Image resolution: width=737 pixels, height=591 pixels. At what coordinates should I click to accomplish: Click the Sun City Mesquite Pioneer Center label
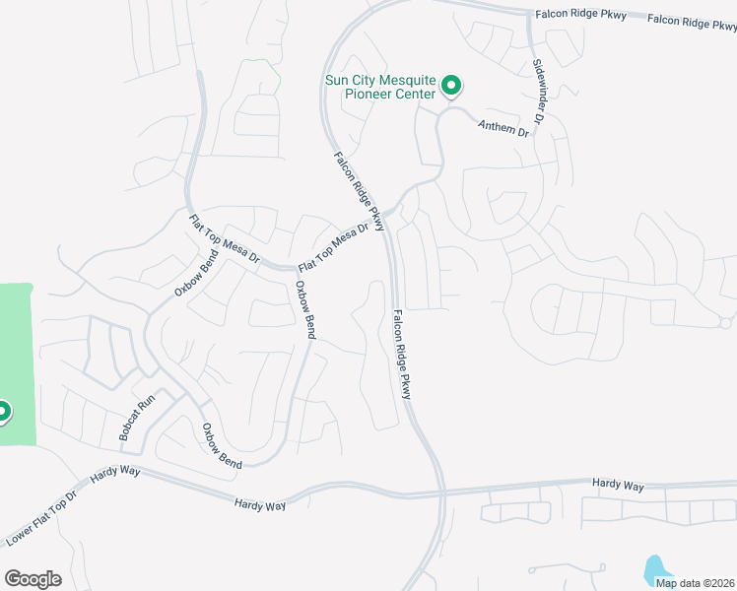click(x=379, y=88)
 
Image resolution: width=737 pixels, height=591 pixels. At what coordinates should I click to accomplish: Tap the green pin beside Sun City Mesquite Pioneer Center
click(x=451, y=87)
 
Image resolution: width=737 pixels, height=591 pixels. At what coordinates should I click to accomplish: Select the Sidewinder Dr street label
click(x=539, y=91)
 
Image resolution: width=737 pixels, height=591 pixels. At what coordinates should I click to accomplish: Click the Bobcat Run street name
click(x=137, y=418)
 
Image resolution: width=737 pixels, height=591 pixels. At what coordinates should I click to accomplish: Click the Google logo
click(x=33, y=579)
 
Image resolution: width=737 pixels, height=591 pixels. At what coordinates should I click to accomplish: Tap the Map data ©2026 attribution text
click(x=695, y=582)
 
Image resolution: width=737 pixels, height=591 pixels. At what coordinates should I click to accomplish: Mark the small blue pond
click(x=654, y=568)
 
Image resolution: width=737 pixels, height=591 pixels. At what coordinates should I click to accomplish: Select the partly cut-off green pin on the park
click(x=3, y=411)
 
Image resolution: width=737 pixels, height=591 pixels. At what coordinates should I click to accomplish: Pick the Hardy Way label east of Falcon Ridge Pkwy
click(x=618, y=486)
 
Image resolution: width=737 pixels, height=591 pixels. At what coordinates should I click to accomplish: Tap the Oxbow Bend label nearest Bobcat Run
click(x=222, y=445)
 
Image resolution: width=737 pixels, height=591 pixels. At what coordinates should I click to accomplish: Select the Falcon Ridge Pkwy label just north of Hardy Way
click(x=406, y=354)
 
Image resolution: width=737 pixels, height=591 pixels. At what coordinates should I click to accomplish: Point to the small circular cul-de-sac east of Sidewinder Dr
click(x=725, y=322)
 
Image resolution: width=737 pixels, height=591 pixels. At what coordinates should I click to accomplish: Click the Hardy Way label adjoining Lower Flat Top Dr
click(x=115, y=474)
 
